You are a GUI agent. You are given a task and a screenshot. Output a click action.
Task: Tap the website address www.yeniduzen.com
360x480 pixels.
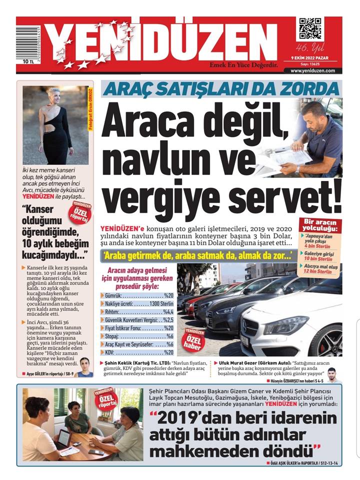(x=312, y=70)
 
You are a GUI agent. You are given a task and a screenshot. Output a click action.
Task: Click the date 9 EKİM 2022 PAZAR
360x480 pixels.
(x=313, y=58)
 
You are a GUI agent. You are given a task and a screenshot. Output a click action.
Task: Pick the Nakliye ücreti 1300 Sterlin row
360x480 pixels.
(x=137, y=303)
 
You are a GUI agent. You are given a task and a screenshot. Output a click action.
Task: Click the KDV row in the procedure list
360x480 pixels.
(x=137, y=352)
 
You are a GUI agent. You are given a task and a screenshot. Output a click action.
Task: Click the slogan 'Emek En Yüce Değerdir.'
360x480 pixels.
(x=243, y=64)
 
